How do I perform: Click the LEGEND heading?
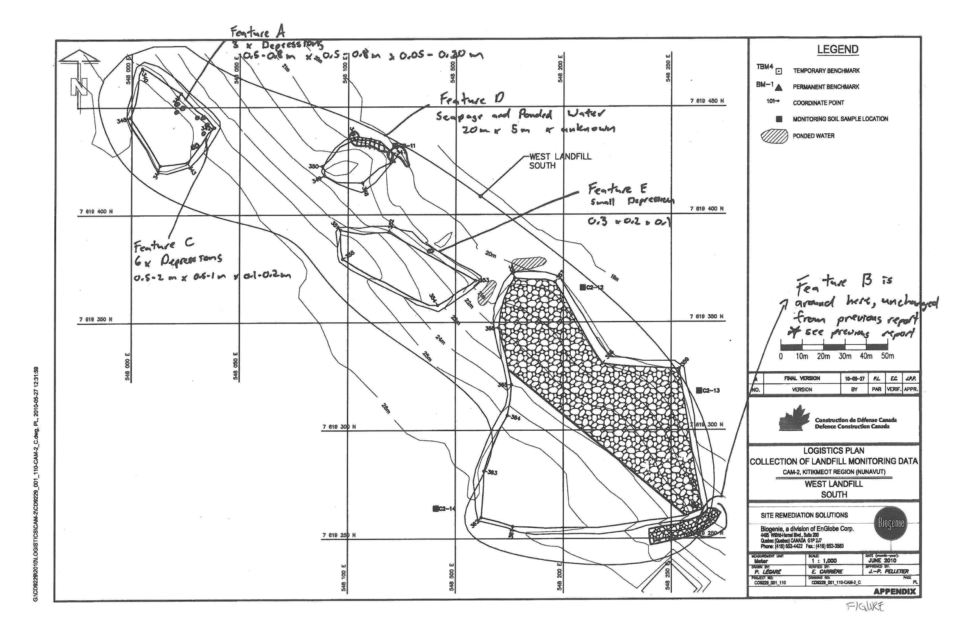(x=837, y=50)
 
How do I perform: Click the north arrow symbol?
(x=79, y=79)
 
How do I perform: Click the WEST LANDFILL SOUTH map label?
(x=560, y=161)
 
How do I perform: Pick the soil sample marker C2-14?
(x=435, y=508)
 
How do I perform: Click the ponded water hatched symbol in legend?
(x=774, y=136)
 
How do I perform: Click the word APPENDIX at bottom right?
(x=894, y=592)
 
